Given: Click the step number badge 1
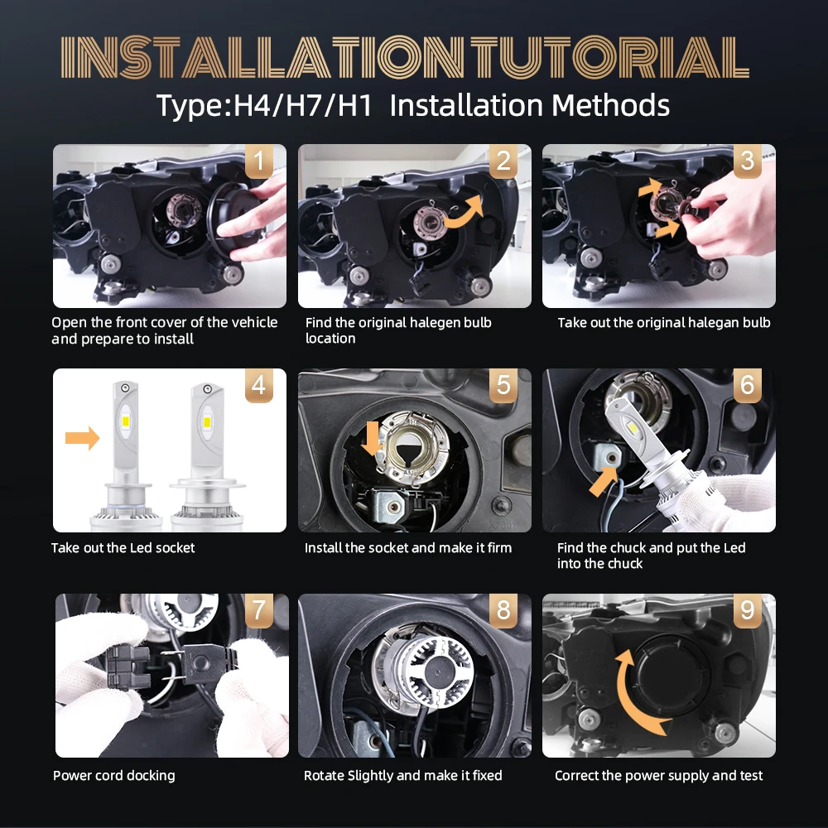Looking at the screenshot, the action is click(x=258, y=161).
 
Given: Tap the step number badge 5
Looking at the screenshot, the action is click(x=503, y=385).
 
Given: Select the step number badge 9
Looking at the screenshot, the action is click(x=747, y=610).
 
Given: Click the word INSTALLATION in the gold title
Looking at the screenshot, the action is click(x=262, y=58).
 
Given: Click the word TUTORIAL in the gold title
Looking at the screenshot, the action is click(x=610, y=58).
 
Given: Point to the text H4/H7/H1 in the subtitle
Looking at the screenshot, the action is click(x=303, y=105).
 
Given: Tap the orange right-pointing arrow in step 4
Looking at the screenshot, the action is click(x=82, y=438).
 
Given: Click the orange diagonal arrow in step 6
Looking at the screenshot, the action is click(x=603, y=481).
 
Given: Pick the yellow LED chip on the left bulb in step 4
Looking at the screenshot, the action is click(x=126, y=421).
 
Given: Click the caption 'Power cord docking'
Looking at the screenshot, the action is click(x=114, y=776).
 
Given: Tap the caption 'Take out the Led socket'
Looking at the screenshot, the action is click(x=123, y=547).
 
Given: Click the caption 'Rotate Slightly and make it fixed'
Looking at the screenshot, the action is click(x=403, y=776).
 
